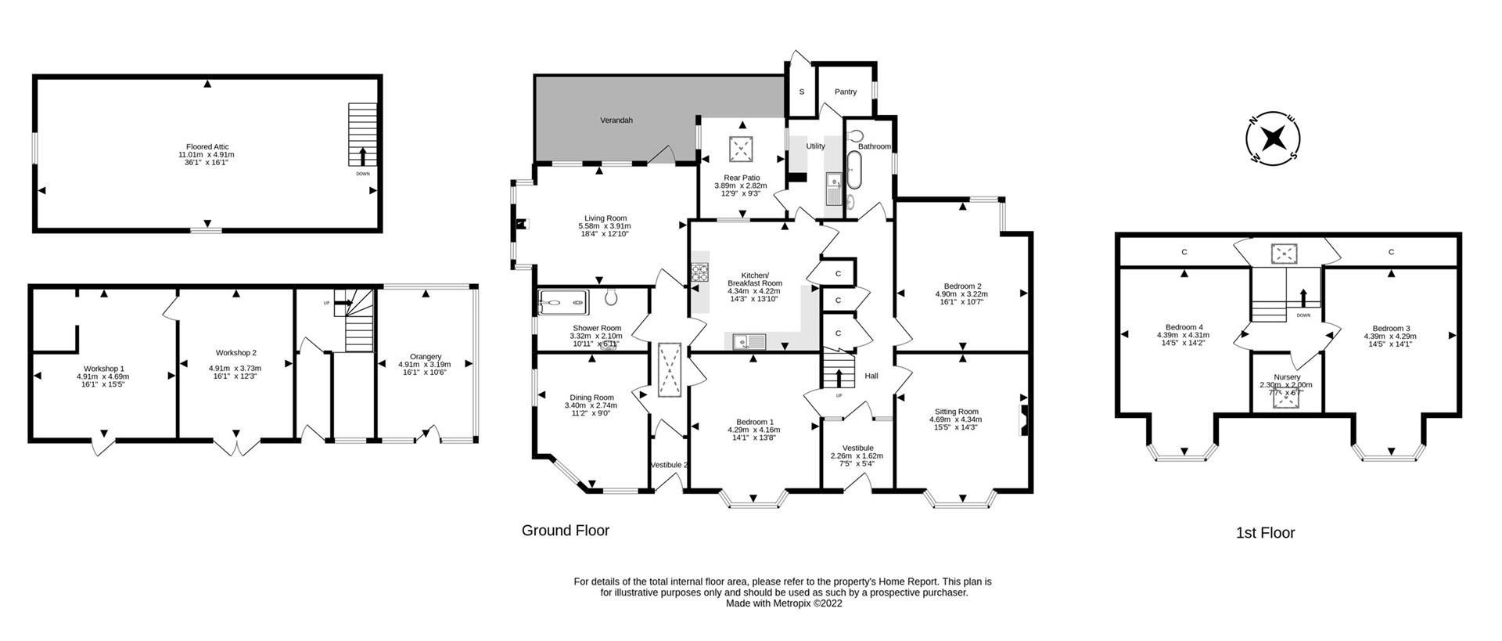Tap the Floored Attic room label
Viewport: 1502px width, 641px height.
(x=207, y=146)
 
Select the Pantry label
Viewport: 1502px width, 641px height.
(x=845, y=92)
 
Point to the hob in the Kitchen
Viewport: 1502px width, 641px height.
(x=699, y=273)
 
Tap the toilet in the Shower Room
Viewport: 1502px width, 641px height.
(x=612, y=297)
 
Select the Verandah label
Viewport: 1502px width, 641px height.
(x=616, y=121)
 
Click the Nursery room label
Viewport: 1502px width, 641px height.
(x=1287, y=377)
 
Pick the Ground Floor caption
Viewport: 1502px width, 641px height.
(x=565, y=531)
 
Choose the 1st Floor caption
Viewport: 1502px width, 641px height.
(x=1265, y=533)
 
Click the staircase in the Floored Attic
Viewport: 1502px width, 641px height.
(x=362, y=135)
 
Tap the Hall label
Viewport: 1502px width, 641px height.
(x=871, y=376)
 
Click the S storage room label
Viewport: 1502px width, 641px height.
(x=801, y=92)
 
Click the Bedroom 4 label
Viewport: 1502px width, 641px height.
(x=1184, y=327)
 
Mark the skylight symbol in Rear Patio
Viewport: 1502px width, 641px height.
(x=740, y=146)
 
